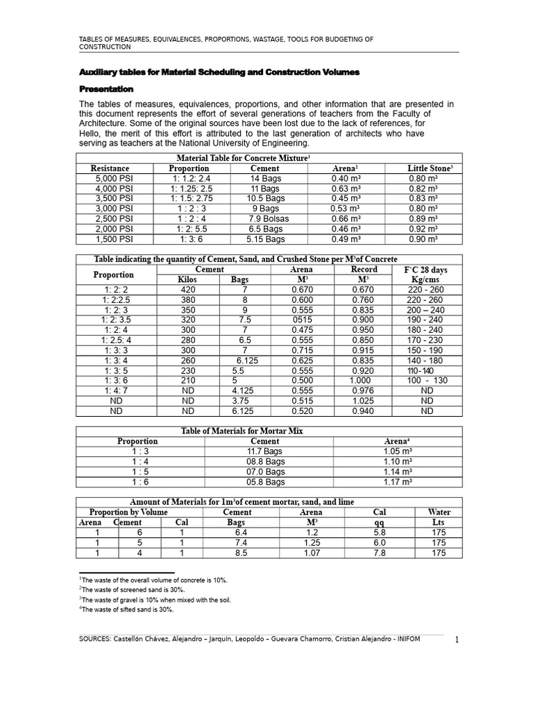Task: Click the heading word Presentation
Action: click(x=106, y=89)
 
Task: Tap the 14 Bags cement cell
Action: click(x=264, y=178)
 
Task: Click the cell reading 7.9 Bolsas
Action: click(x=264, y=218)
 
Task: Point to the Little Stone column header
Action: click(x=430, y=168)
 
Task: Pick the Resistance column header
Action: click(x=110, y=168)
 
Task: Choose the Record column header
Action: click(x=364, y=269)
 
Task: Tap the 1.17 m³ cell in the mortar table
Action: click(x=398, y=482)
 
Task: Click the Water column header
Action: click(x=439, y=512)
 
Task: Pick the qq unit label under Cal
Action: click(x=379, y=523)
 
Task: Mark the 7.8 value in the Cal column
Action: click(x=379, y=553)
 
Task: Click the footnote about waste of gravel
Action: click(x=155, y=600)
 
